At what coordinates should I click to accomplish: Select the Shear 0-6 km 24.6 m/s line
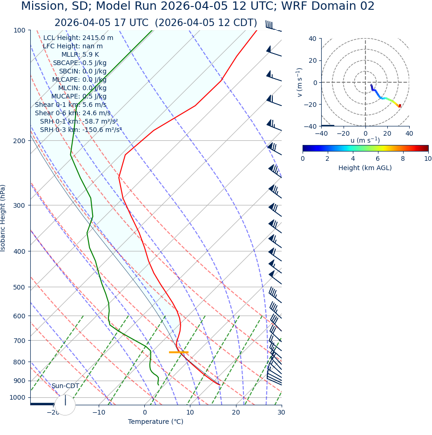click(x=73, y=113)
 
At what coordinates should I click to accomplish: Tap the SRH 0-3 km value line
click(x=81, y=130)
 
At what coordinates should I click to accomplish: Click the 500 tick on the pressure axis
click(x=19, y=287)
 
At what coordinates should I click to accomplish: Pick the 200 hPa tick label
click(x=19, y=141)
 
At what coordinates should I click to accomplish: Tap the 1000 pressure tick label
click(x=17, y=398)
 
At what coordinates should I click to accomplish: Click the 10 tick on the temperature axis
click(x=190, y=412)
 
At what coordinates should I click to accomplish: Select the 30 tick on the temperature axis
click(x=281, y=412)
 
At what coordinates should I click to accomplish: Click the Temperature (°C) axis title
click(x=155, y=422)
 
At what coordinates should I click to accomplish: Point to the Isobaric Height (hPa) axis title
click(x=3, y=218)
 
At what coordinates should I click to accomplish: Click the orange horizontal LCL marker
click(x=178, y=352)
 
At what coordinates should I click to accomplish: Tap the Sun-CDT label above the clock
click(x=65, y=386)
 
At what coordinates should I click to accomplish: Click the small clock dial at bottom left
click(x=65, y=405)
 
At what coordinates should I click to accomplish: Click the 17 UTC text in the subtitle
click(x=133, y=23)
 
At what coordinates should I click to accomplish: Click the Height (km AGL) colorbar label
click(x=365, y=168)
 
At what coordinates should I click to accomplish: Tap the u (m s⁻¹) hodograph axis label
click(x=365, y=140)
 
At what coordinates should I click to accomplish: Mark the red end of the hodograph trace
click(x=399, y=106)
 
